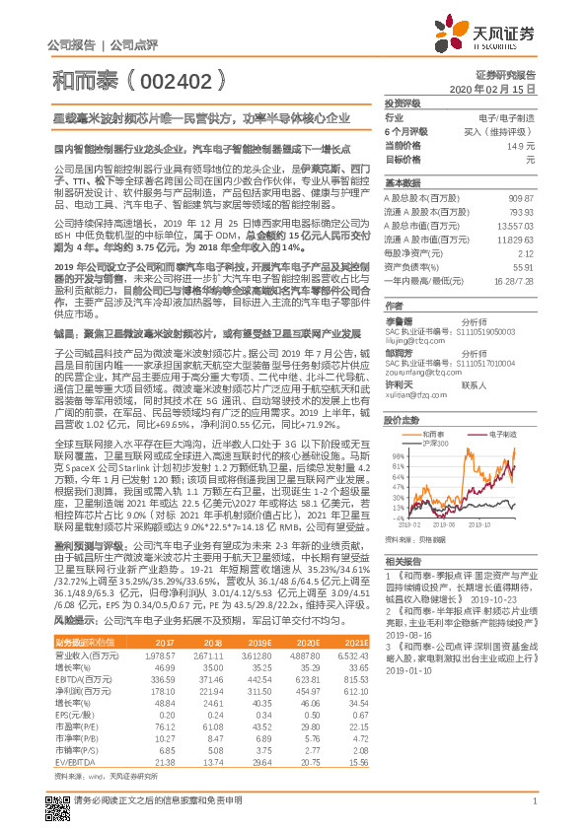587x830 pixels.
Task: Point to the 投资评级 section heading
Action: point(402,103)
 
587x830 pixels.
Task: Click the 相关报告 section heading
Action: point(402,559)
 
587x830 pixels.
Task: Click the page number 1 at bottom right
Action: point(533,811)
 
